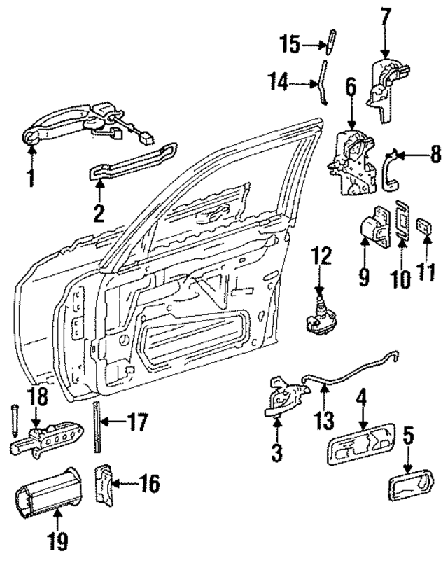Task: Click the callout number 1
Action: [30, 178]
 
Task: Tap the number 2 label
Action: [99, 212]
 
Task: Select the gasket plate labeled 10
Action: [402, 223]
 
